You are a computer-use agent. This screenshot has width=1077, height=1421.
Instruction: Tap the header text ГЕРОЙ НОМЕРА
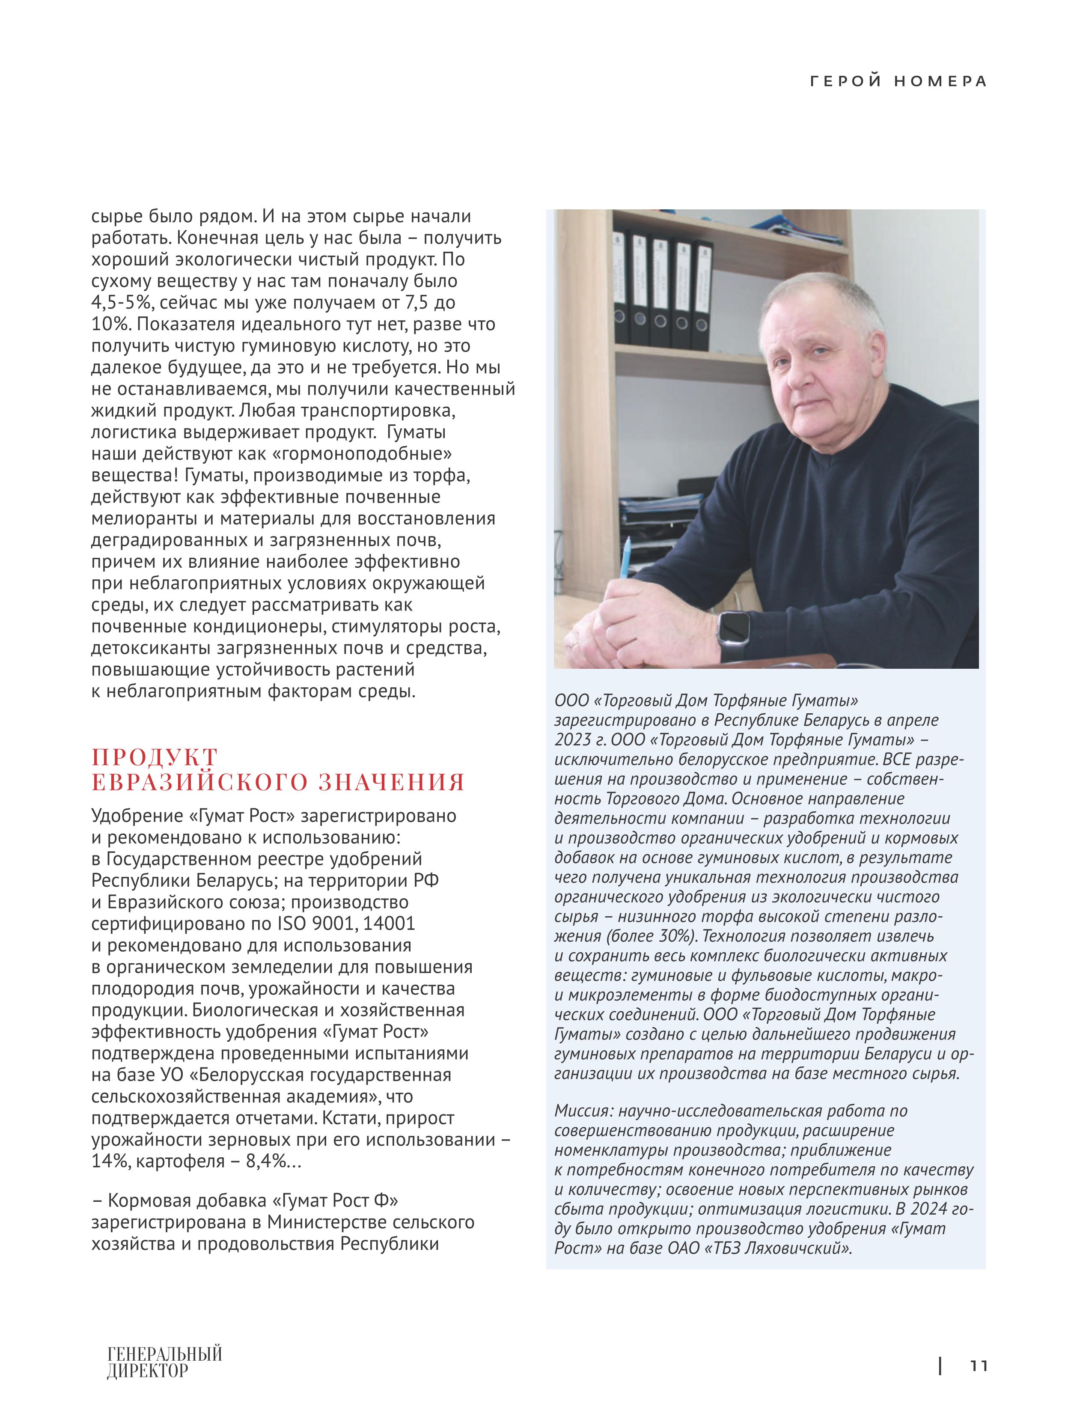[898, 82]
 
